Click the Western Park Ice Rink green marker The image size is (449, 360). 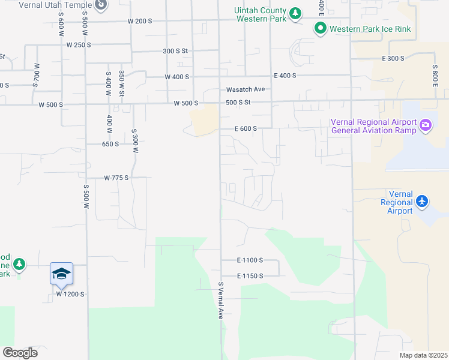click(x=321, y=28)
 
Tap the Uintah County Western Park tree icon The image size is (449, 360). click(x=295, y=13)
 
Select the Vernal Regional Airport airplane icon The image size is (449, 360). click(x=422, y=201)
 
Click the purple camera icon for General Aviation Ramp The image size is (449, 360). click(x=426, y=125)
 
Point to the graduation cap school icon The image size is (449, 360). click(x=61, y=274)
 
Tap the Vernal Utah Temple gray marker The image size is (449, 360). click(x=101, y=5)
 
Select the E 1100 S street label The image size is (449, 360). click(x=250, y=260)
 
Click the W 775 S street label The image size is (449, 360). click(x=116, y=178)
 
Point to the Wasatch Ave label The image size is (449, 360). click(x=246, y=89)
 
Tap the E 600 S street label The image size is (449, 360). click(x=246, y=128)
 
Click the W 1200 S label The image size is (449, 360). click(x=70, y=295)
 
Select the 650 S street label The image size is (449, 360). click(x=110, y=144)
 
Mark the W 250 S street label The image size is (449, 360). click(x=79, y=45)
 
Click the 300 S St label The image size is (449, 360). click(x=176, y=51)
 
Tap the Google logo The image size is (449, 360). click(x=20, y=353)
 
